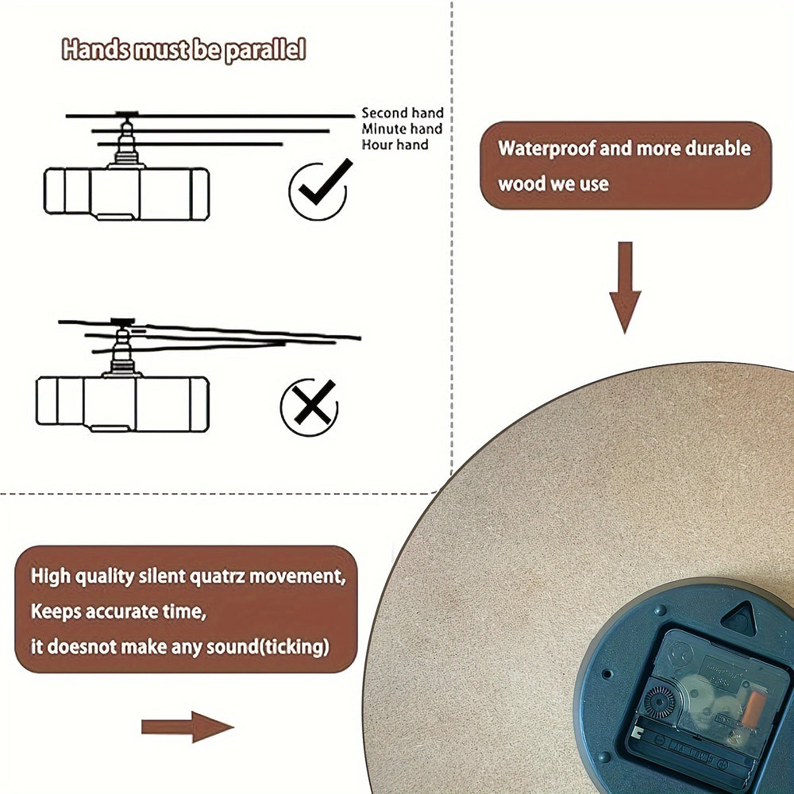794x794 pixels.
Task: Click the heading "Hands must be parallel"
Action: pos(184,50)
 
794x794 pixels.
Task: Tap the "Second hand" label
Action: pos(403,113)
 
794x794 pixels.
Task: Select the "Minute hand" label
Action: pos(402,129)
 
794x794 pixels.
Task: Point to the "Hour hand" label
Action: pos(395,145)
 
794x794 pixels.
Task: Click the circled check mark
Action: pos(320,190)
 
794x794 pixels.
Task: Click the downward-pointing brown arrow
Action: pos(626,287)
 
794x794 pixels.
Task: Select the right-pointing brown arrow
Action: pos(187,727)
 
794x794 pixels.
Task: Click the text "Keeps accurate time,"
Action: pos(118,611)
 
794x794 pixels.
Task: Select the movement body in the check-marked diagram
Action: pos(126,194)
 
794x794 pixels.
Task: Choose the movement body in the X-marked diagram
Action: pos(122,404)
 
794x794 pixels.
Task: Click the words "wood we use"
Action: pos(553,184)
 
